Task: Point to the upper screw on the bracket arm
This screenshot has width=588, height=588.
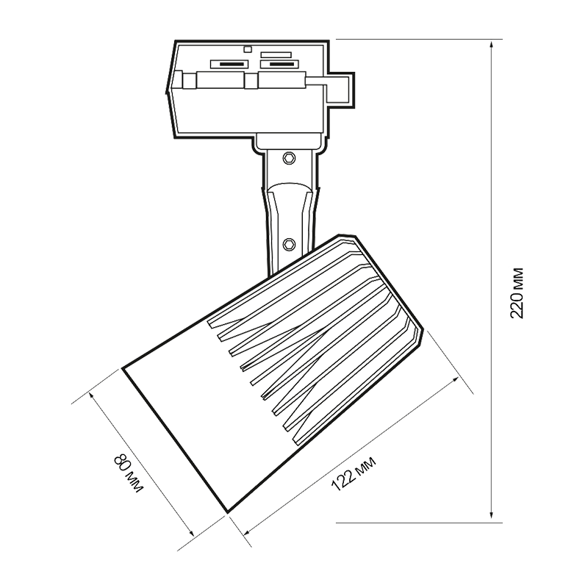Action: [x=290, y=157]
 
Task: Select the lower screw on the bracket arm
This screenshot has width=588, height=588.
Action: [x=289, y=242]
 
